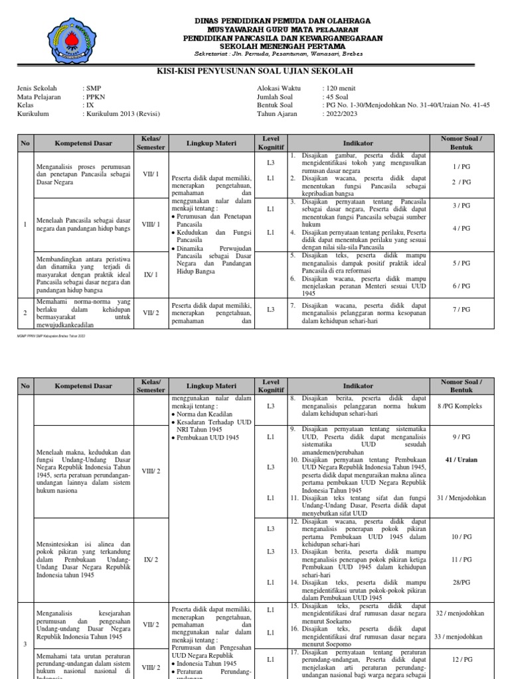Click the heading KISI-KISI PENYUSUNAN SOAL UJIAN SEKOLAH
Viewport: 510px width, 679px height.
254,71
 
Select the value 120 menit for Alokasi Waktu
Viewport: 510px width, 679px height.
339,88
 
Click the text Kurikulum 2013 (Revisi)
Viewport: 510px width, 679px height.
122,113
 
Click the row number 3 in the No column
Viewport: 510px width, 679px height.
25,643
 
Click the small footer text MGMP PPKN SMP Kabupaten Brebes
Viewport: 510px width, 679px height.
51,336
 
